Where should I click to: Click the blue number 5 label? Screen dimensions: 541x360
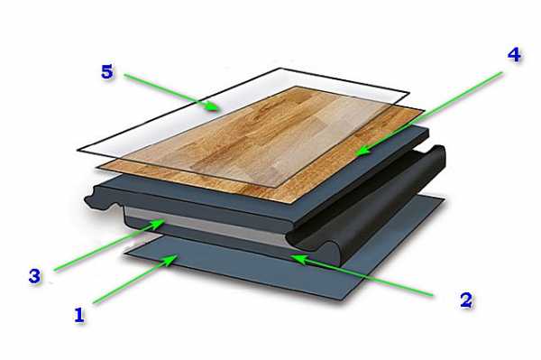(107, 72)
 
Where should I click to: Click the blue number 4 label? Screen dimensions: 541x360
(514, 55)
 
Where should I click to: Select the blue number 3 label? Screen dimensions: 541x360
(34, 276)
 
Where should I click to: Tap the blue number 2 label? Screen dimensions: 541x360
(466, 300)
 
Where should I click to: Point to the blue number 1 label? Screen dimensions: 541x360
(79, 315)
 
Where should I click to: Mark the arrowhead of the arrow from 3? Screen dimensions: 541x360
(158, 224)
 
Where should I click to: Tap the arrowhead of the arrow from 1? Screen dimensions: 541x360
(170, 260)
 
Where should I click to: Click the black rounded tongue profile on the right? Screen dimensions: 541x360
(372, 200)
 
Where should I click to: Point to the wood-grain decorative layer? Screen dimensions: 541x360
(262, 145)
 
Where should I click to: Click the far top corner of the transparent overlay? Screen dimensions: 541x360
(280, 69)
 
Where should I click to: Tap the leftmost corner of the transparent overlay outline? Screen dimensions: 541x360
(78, 151)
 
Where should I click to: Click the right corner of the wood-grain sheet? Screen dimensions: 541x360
(425, 110)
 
